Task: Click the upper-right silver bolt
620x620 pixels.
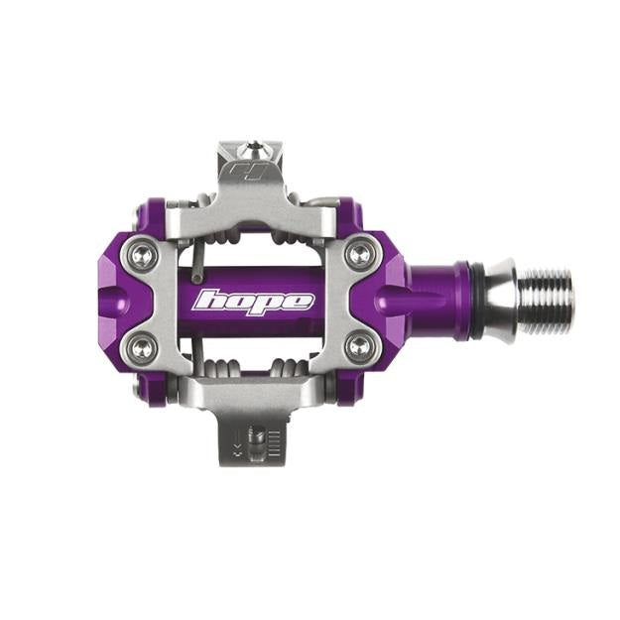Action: tap(359, 254)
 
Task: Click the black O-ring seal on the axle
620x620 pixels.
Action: tap(476, 301)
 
